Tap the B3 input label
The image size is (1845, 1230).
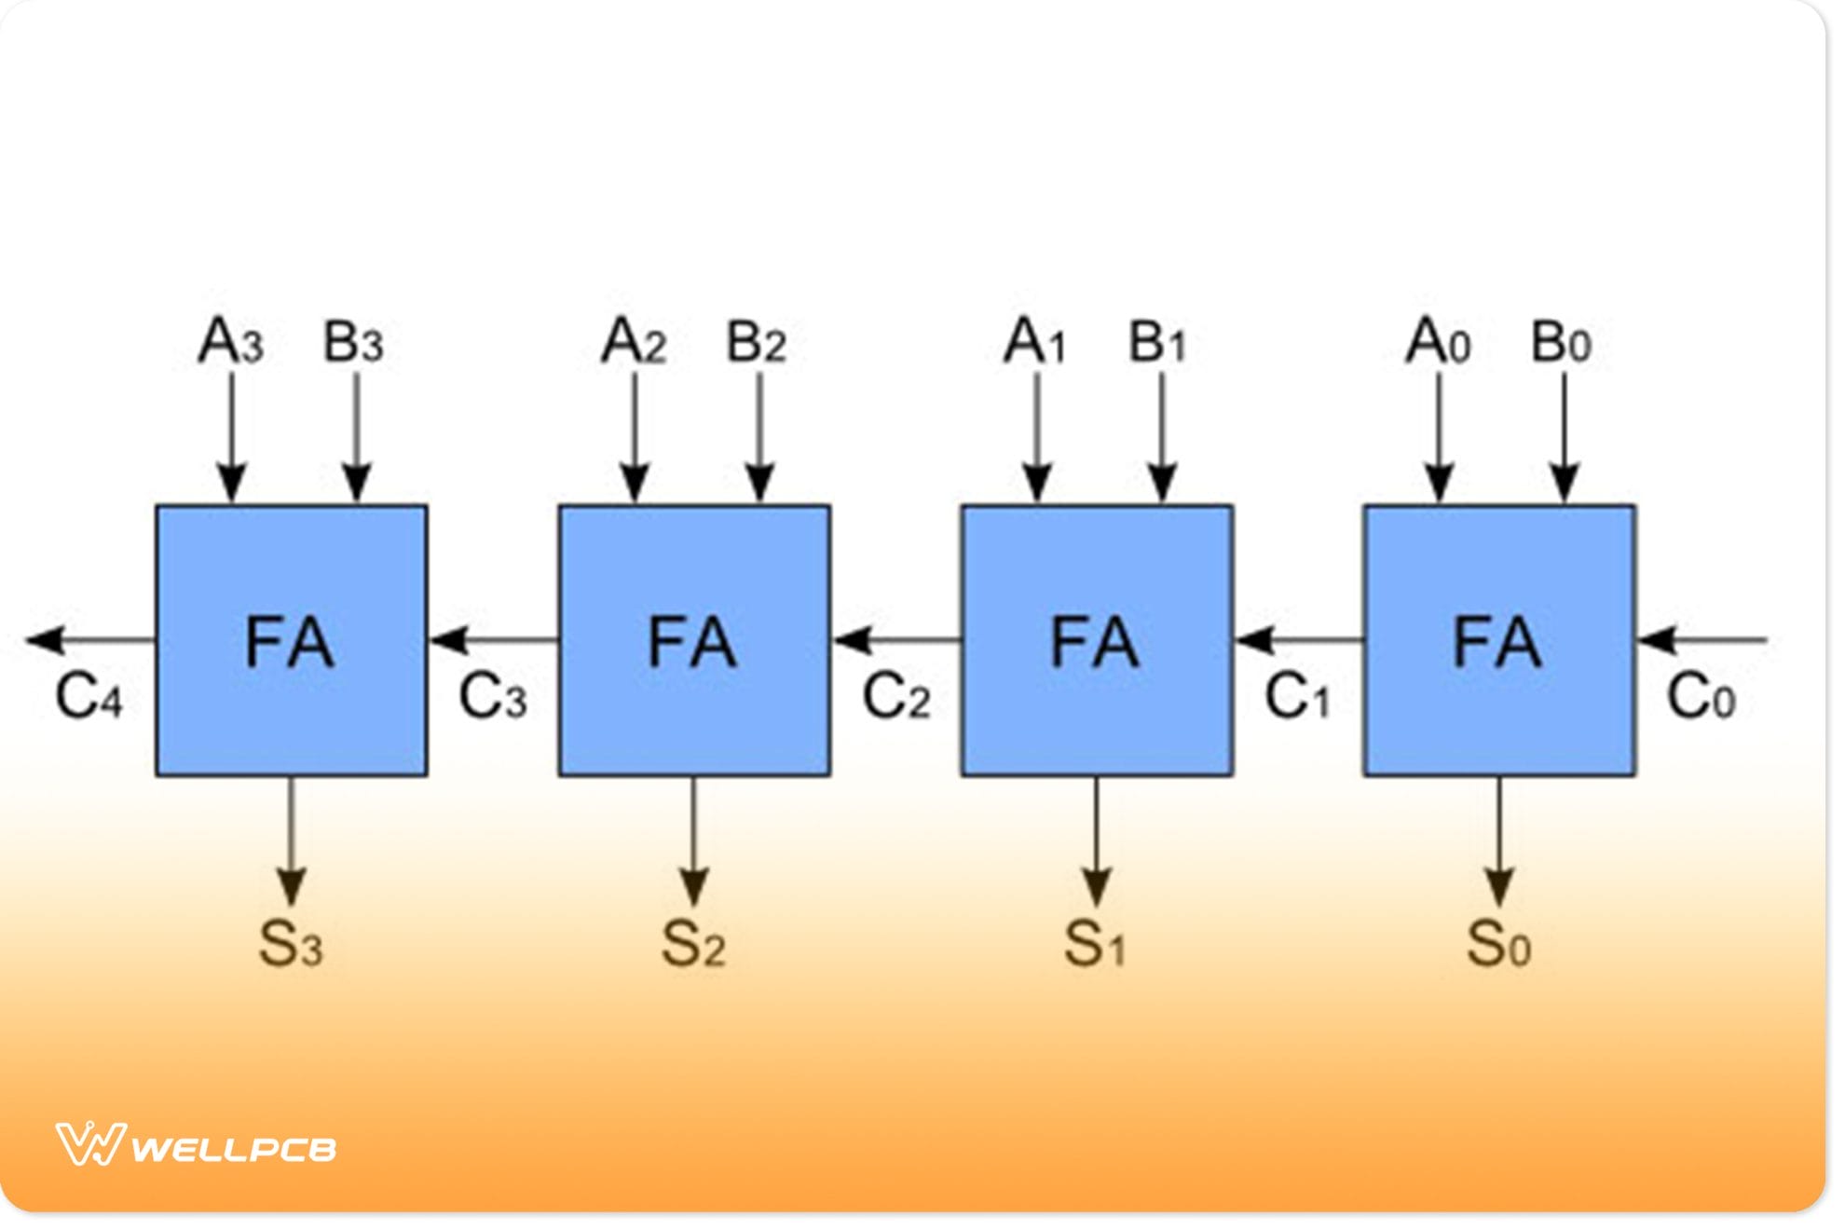pyautogui.click(x=353, y=342)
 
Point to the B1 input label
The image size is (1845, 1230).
pyautogui.click(x=1157, y=342)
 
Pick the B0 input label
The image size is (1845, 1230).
pyautogui.click(x=1561, y=342)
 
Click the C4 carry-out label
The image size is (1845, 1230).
pyautogui.click(x=89, y=696)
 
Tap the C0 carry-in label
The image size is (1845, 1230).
pyautogui.click(x=1701, y=696)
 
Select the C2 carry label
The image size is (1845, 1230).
pyautogui.click(x=895, y=696)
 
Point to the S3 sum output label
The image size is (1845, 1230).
pyautogui.click(x=291, y=943)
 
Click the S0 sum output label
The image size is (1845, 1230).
pyautogui.click(x=1498, y=943)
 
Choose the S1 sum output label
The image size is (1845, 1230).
pyautogui.click(x=1095, y=943)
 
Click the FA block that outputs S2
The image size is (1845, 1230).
pyautogui.click(x=694, y=640)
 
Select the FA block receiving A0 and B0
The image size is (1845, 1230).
pyautogui.click(x=1498, y=640)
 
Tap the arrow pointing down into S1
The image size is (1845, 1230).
pyautogui.click(x=1096, y=839)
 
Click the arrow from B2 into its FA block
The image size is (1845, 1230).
pyautogui.click(x=759, y=438)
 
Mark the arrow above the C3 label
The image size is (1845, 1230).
pyautogui.click(x=494, y=640)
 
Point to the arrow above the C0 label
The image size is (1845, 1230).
pyautogui.click(x=1701, y=640)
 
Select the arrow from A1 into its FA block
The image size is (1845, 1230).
pyautogui.click(x=1036, y=438)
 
